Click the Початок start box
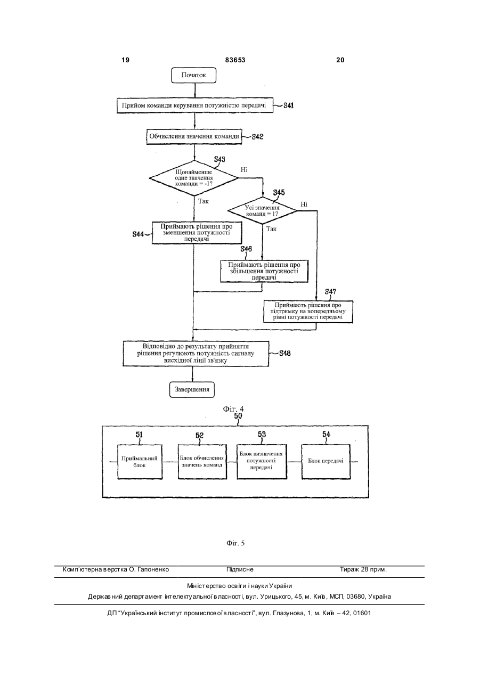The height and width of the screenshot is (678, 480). point(193,75)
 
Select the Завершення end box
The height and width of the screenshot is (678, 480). point(192,389)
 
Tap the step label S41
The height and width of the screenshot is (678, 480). point(288,105)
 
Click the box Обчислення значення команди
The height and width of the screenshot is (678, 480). point(194,136)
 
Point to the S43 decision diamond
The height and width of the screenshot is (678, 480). point(194,178)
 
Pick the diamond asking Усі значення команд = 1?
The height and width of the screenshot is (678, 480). point(262,211)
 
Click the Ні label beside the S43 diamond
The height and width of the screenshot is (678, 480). point(244,170)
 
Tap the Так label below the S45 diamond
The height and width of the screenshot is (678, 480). point(271,229)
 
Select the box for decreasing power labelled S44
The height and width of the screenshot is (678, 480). point(197,233)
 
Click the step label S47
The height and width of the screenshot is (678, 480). point(330,291)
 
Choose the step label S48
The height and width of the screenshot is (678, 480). point(284,353)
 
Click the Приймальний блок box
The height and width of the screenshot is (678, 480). point(140,462)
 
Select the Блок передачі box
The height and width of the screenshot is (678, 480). point(326,462)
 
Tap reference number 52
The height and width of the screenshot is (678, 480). point(200,435)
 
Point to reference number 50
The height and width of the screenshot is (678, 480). point(238,416)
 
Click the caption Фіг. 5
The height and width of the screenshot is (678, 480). point(235,543)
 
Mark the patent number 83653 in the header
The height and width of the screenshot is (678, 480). point(235,60)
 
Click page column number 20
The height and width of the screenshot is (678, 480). point(340,60)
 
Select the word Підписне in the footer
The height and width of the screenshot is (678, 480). point(240,569)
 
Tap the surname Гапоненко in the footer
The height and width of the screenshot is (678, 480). point(153,569)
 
